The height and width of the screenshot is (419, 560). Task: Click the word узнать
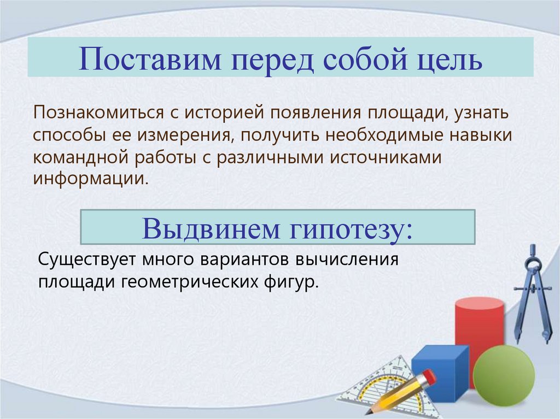click(x=480, y=113)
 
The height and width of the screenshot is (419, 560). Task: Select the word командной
click(x=78, y=157)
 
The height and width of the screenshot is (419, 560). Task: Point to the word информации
click(x=90, y=179)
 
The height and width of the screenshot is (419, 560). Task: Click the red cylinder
click(x=479, y=328)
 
